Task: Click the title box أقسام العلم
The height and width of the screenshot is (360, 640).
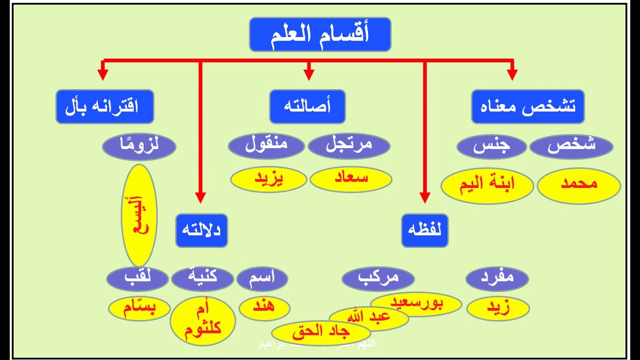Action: (320, 34)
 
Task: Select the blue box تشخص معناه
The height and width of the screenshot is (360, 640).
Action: (527, 106)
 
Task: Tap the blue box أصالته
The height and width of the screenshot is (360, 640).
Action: (307, 106)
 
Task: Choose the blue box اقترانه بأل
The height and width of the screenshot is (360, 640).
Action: (104, 106)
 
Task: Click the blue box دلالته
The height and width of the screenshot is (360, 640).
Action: (201, 230)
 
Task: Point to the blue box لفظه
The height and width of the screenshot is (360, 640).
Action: (424, 230)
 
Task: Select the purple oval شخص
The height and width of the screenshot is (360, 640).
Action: (571, 146)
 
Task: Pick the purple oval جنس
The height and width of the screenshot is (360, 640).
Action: (491, 146)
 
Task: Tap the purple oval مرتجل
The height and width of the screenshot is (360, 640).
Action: (349, 146)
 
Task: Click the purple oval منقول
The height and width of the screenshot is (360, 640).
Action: (266, 146)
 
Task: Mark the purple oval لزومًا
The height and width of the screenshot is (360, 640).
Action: (139, 146)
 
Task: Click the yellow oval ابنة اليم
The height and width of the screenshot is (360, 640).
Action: (487, 185)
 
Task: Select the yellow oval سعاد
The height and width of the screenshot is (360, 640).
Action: (350, 179)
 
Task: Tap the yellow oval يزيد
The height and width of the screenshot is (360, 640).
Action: (268, 179)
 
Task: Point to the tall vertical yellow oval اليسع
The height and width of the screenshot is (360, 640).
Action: (139, 215)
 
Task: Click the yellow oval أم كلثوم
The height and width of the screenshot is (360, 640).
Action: (202, 320)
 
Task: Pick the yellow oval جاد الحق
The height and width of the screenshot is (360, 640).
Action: (320, 332)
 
